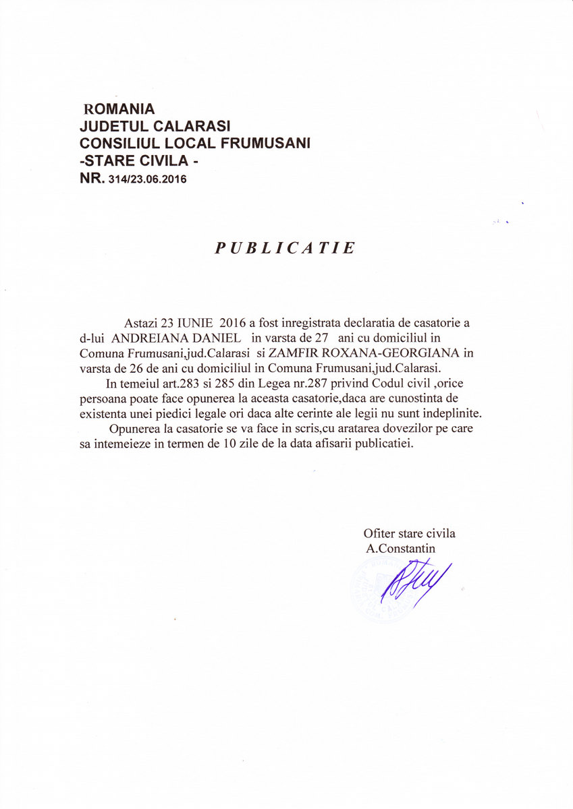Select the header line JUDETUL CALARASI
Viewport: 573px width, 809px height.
point(155,126)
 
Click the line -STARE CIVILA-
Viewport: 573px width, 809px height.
point(140,161)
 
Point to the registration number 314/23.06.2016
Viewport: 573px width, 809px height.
point(146,179)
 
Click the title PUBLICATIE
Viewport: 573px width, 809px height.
point(285,248)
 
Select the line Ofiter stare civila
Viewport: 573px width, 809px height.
point(409,533)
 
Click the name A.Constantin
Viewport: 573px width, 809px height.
point(401,548)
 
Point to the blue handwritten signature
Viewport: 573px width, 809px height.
point(413,581)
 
